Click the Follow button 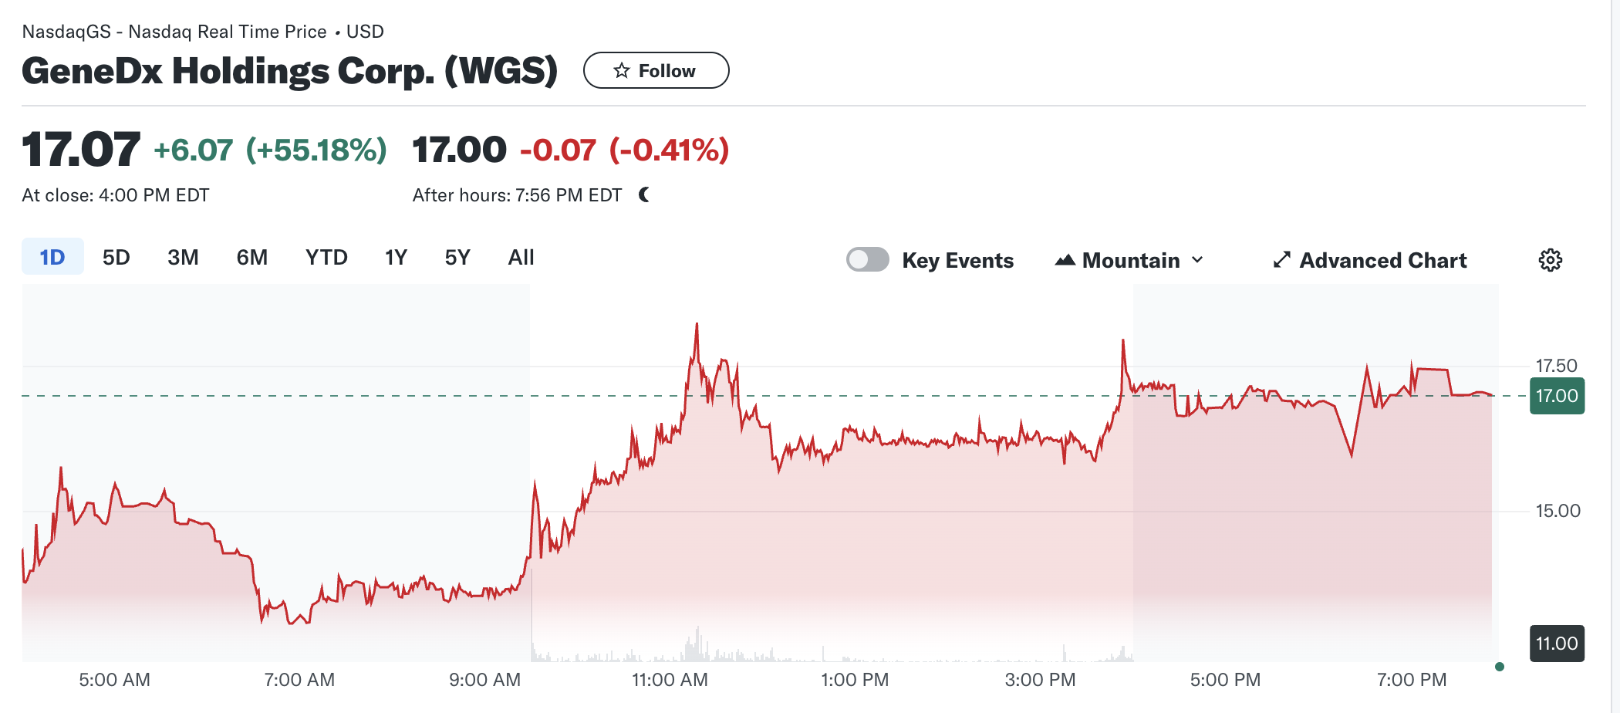point(656,71)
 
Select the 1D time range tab point(52,257)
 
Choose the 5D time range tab point(116,257)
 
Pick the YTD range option point(326,257)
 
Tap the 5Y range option point(457,257)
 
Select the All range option point(521,257)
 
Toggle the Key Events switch point(867,260)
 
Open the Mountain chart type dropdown point(1129,260)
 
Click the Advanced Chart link point(1370,260)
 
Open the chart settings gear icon point(1550,260)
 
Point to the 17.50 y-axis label point(1556,366)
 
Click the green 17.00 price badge point(1557,396)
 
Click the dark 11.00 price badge point(1557,644)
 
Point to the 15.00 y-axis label point(1558,511)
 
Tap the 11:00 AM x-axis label point(670,680)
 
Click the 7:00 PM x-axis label point(1412,680)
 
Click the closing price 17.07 point(81,149)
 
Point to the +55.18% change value point(316,150)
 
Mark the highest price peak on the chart point(697,324)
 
